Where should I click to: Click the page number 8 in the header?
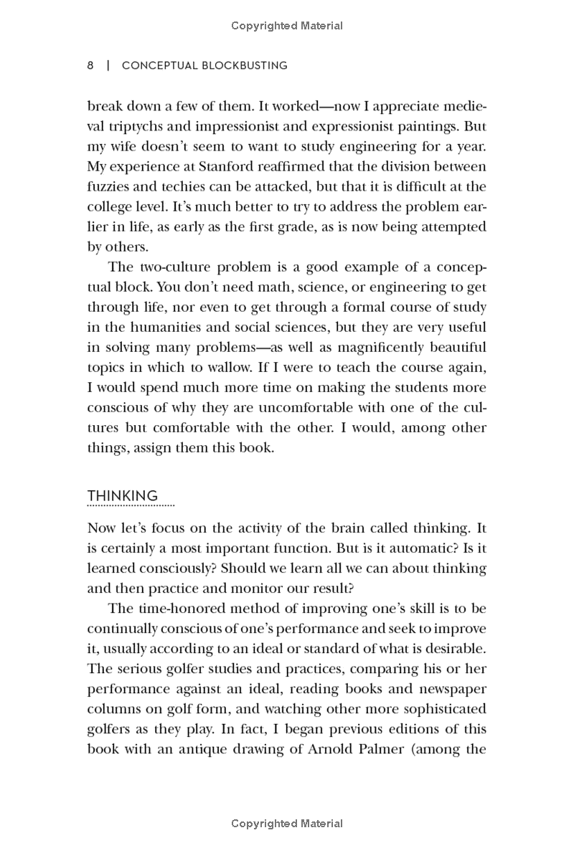click(x=90, y=65)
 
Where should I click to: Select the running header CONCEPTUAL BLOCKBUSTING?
click(x=204, y=65)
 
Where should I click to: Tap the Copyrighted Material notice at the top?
click(x=287, y=26)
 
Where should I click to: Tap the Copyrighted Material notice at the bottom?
click(x=287, y=824)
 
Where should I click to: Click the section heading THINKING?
click(x=122, y=496)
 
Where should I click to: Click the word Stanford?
click(x=248, y=167)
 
